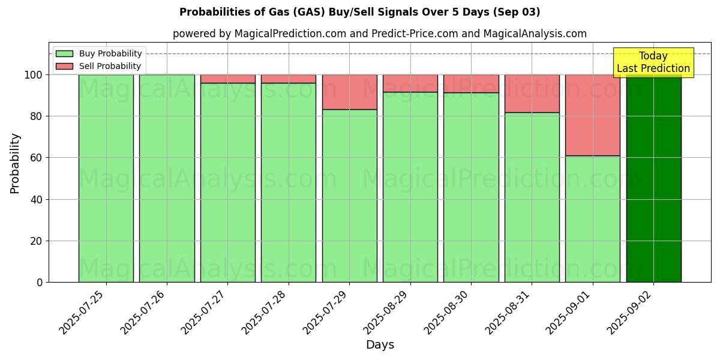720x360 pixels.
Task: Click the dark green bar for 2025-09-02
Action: [653, 180]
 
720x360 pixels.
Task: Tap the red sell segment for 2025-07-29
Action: [349, 92]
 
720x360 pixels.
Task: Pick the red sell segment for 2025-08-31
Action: [532, 94]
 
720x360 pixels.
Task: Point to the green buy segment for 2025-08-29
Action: [410, 187]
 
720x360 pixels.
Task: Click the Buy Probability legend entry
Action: [99, 53]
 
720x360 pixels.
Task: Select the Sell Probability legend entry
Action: [99, 66]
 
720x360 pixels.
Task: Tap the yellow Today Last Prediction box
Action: [653, 62]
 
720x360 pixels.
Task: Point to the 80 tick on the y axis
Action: [37, 116]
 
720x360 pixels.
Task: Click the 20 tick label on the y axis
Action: [37, 241]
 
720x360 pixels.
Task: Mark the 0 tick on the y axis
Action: [40, 283]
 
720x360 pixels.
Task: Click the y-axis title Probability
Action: [15, 163]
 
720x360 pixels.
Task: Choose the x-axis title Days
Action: [380, 345]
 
